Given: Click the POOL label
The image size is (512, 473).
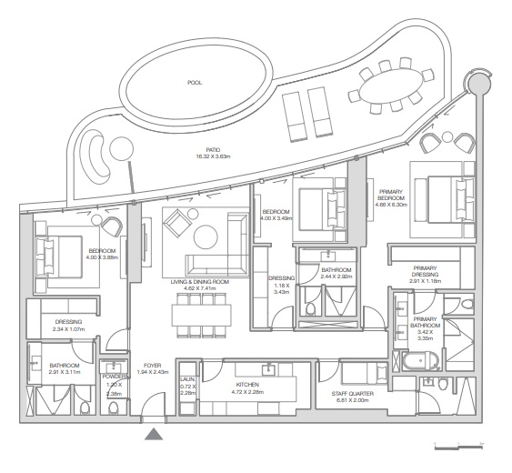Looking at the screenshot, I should pos(195,83).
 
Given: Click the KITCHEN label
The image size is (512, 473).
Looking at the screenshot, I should pos(247,386).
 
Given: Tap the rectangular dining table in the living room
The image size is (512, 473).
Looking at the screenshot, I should pos(201,315).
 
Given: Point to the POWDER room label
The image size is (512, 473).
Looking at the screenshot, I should pos(115,376).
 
